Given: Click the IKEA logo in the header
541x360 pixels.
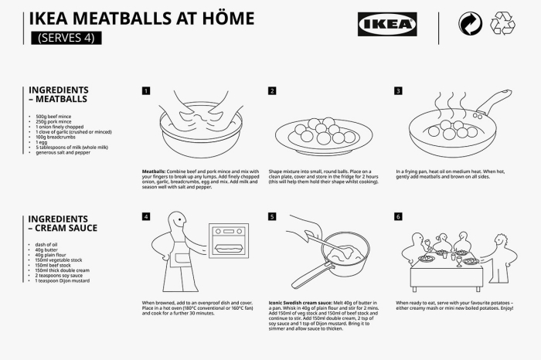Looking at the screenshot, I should pos(387,24).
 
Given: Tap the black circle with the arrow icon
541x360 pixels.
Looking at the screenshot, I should pos(470,24).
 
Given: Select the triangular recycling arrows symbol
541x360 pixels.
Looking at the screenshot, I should pos(502,24).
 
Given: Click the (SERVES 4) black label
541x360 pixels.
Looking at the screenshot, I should pos(66,37).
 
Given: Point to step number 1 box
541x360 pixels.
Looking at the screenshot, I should pos(146,90).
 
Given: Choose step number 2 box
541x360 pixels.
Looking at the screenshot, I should pos(272,90).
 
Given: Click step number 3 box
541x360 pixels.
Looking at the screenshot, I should pos(399,90).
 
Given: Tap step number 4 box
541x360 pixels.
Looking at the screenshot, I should pos(146,217).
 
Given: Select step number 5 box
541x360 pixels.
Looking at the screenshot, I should pos(272,217).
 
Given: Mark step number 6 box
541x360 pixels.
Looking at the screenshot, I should pos(399,217).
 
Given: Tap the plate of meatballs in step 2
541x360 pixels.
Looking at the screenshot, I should pos(319,134).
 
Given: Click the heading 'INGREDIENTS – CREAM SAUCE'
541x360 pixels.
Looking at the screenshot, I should pos(63,223).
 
